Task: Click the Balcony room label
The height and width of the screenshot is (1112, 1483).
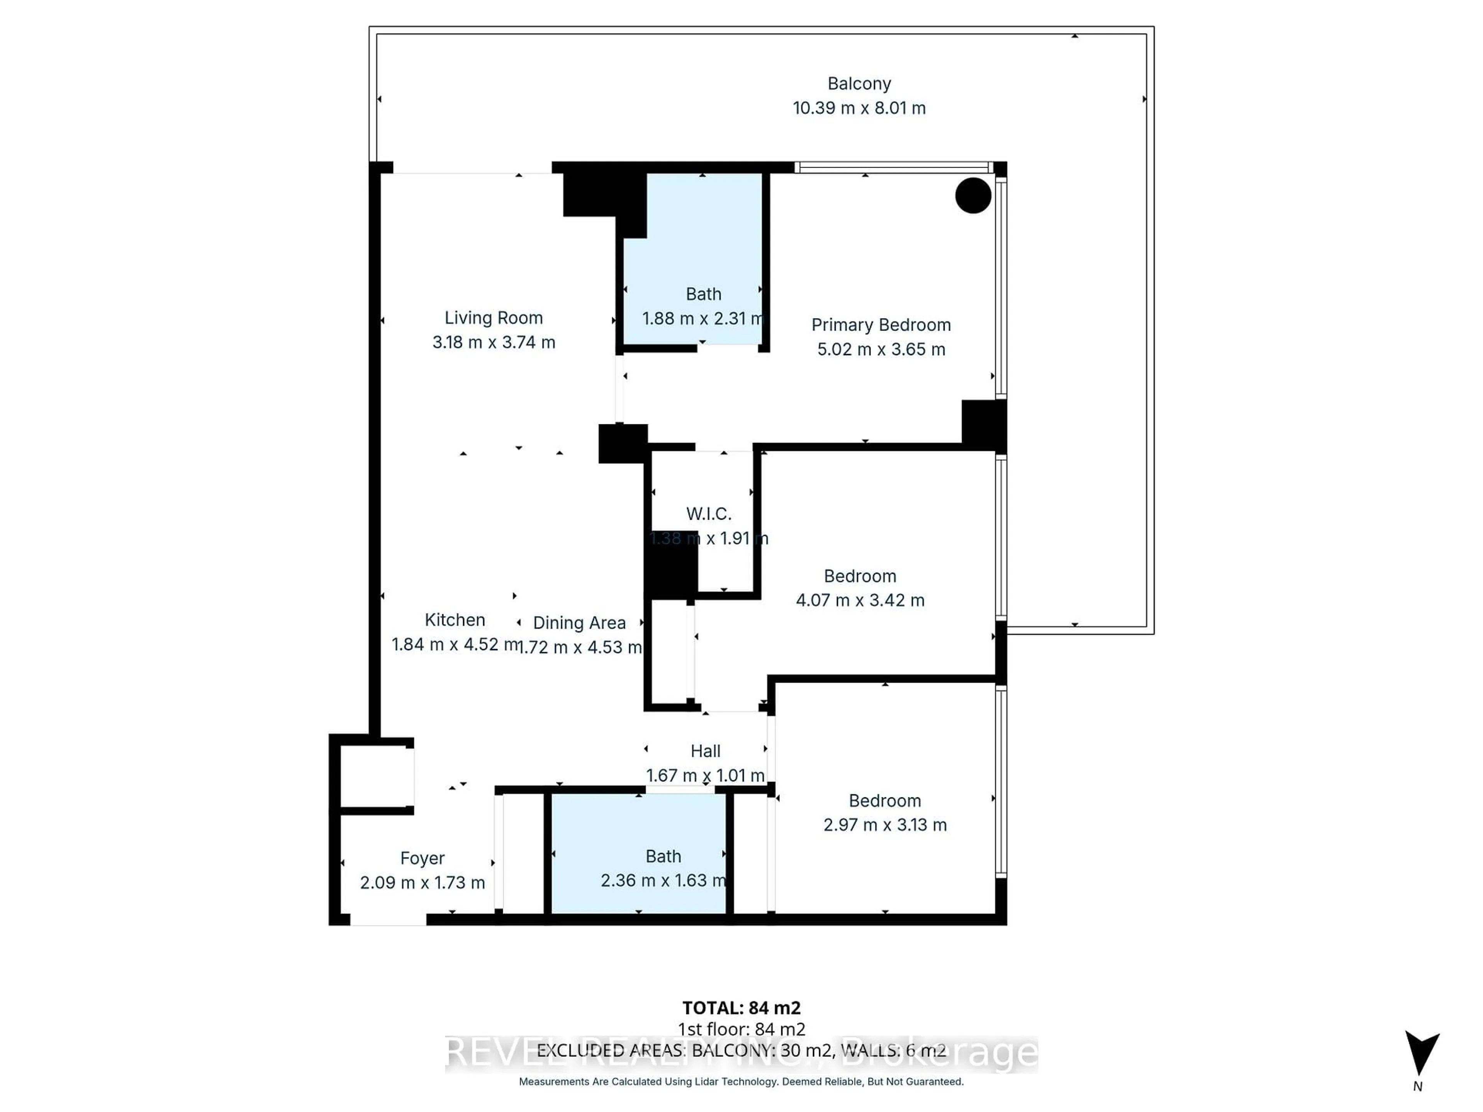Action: point(859,84)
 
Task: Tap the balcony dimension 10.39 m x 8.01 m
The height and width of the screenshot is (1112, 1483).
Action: point(859,108)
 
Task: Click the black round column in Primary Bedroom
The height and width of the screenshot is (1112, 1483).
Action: point(973,196)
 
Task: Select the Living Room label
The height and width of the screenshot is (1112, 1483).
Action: point(494,318)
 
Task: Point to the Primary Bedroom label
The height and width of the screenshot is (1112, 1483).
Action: point(881,325)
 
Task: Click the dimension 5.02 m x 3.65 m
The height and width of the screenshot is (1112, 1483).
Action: point(881,349)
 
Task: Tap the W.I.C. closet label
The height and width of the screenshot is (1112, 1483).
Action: point(709,514)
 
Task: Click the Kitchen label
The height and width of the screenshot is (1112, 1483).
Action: point(455,620)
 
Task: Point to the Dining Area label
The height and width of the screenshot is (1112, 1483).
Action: point(579,623)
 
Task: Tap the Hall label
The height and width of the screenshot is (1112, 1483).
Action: point(705,751)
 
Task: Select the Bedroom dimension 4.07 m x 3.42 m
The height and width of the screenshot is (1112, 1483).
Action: point(860,600)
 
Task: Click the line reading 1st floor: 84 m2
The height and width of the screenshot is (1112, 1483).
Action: point(741,1029)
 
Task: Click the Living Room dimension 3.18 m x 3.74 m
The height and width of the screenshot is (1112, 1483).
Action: point(494,342)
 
